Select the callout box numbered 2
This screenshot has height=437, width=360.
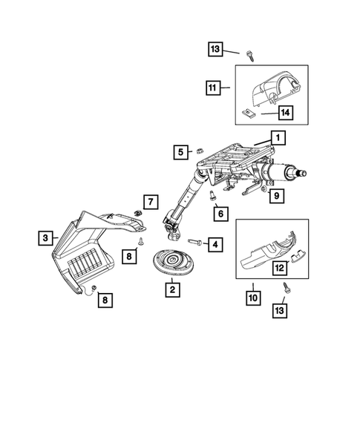172,289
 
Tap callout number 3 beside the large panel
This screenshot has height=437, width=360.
47,237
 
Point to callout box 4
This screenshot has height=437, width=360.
215,243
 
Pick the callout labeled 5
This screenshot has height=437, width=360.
180,152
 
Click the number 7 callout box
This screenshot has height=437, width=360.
150,201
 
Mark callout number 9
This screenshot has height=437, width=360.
274,196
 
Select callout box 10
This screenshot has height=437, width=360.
254,298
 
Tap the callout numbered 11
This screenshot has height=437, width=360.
213,88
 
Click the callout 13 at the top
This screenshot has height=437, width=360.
215,49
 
